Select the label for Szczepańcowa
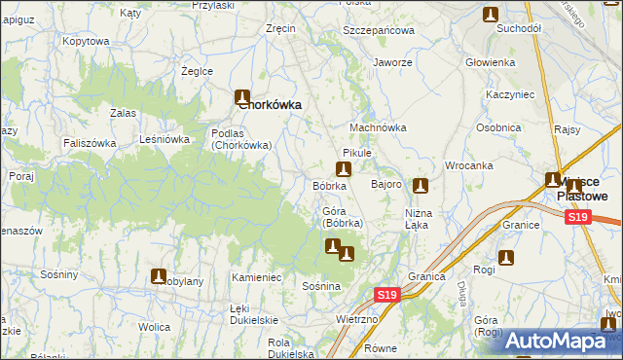379,30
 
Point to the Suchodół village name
518,29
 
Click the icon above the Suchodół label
491,14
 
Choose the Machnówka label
378,127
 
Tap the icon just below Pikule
343,167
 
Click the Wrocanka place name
470,165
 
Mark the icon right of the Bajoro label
421,186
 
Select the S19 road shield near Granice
578,216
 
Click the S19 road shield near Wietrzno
386,295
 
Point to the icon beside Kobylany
158,276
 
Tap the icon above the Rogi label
506,258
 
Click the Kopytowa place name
86,42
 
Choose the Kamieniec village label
256,278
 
